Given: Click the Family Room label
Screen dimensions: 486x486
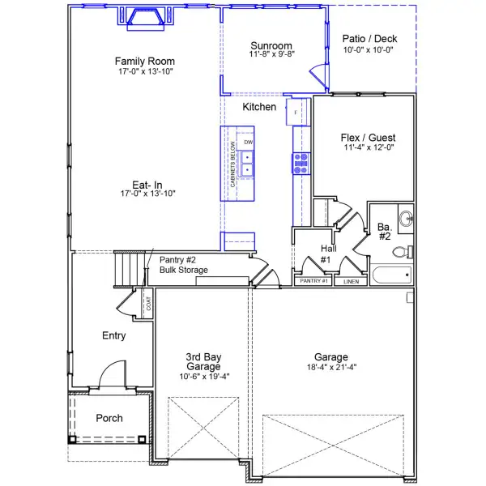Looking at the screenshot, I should [x=144, y=62].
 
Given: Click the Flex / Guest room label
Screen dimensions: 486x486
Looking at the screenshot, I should [x=368, y=138].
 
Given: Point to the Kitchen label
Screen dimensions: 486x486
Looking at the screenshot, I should [x=259, y=107].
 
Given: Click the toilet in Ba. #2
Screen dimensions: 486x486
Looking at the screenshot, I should [x=401, y=252].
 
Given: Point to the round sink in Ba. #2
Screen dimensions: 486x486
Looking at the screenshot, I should [x=405, y=217].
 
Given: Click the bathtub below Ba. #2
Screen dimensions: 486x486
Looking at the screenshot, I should [x=390, y=275].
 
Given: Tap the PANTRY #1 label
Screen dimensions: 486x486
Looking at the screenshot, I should [x=313, y=281].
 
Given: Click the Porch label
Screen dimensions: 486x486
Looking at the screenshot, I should [x=109, y=418].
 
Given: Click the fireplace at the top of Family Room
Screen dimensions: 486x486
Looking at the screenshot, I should [x=145, y=19].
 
